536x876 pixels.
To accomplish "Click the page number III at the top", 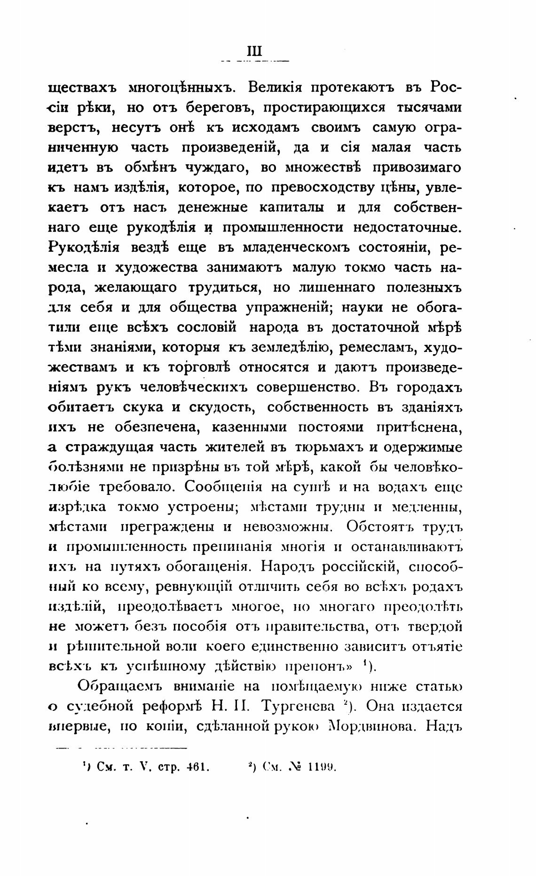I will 254,51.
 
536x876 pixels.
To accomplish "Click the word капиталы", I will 292,207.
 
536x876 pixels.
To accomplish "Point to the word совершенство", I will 306,387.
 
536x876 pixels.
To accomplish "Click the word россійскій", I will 360,566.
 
